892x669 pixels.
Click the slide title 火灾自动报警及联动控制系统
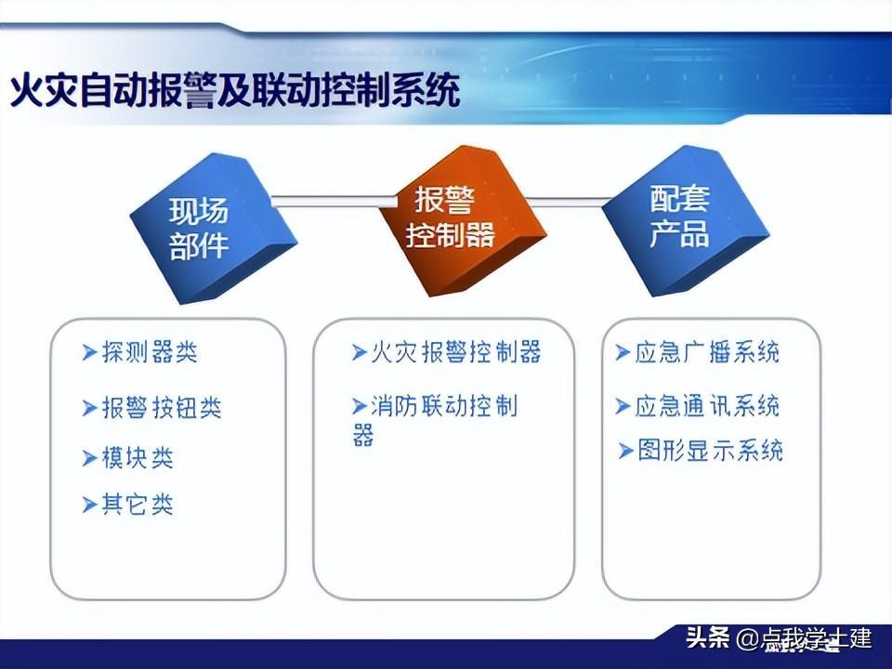click(x=235, y=90)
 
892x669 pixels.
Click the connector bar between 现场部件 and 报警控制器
click(x=334, y=201)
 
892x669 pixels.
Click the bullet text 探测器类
click(x=150, y=352)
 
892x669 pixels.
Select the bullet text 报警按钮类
click(x=162, y=408)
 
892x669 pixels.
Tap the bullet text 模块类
click(x=138, y=458)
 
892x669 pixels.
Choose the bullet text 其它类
click(x=138, y=505)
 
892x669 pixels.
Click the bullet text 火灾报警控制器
click(x=455, y=352)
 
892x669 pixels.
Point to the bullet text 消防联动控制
click(x=444, y=407)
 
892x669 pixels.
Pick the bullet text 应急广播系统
click(x=707, y=352)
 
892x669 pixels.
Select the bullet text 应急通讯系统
click(x=707, y=407)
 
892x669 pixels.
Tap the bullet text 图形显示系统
click(x=710, y=451)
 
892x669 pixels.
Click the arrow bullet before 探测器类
click(x=89, y=353)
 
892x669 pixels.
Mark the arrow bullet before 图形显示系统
click(x=625, y=452)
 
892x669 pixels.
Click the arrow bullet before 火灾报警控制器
click(x=359, y=353)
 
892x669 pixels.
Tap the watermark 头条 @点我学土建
click(x=779, y=637)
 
